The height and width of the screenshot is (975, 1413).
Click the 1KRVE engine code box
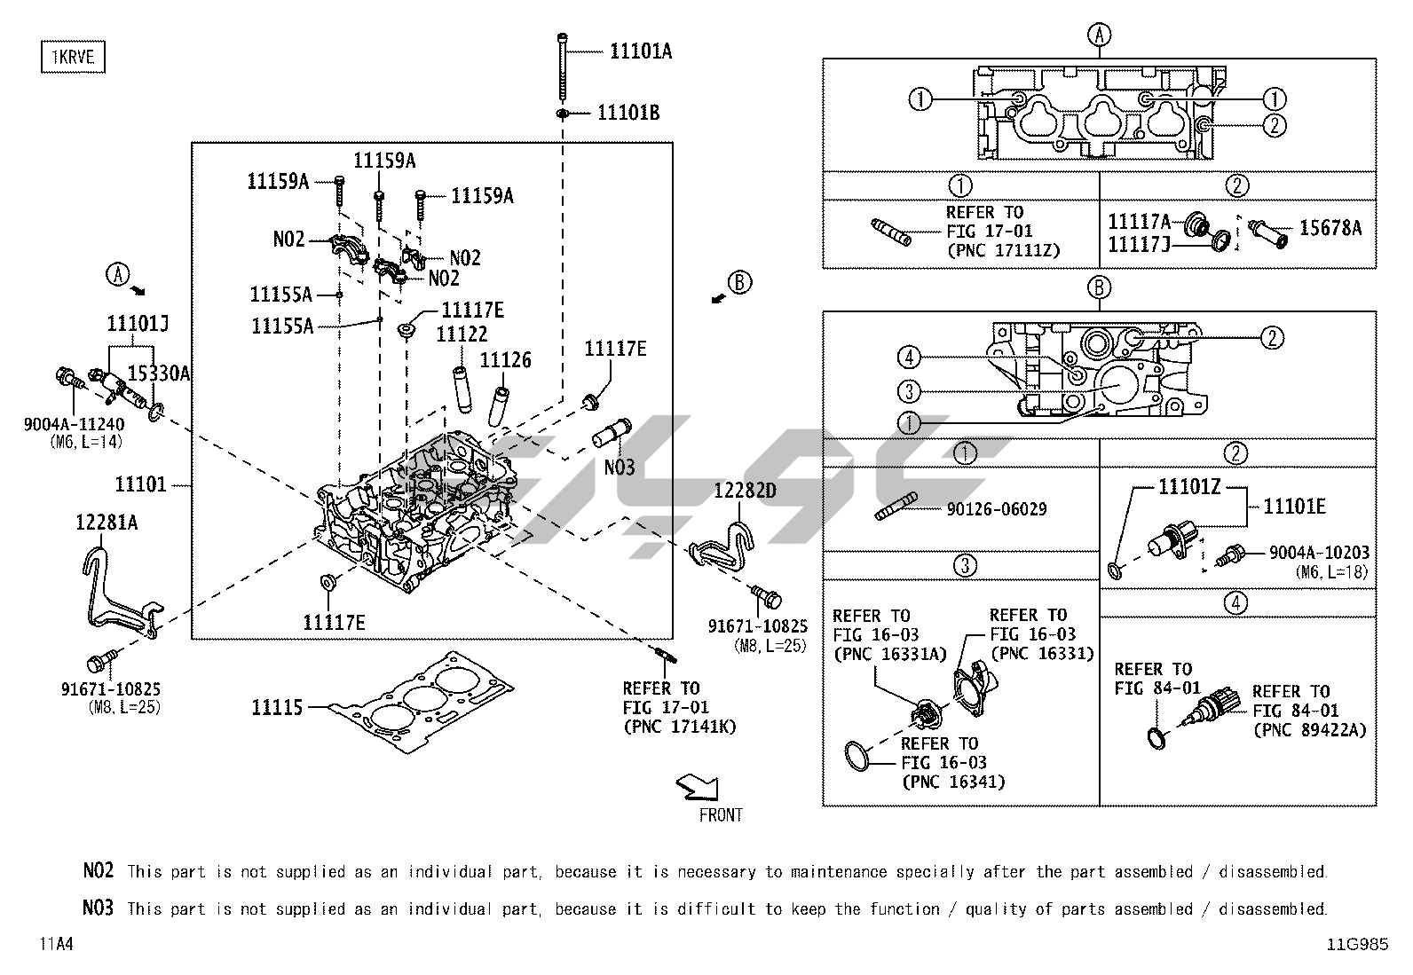coord(73,58)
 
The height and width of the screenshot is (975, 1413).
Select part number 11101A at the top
coord(640,51)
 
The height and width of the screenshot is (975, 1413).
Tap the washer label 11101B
coord(628,114)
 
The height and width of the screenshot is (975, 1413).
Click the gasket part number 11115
coord(277,707)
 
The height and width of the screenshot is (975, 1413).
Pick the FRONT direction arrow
coord(697,786)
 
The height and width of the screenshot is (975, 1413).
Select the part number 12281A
coord(106,523)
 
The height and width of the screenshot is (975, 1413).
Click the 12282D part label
coord(746,491)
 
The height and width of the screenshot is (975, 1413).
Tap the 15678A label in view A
coord(1330,228)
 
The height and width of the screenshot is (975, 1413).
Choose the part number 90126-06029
coord(997,509)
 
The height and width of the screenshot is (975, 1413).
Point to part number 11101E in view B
coord(1294,506)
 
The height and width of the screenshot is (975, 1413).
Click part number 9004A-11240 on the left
coord(74,424)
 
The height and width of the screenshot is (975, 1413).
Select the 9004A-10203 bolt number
coord(1318,552)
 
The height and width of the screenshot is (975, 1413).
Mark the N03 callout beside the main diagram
coord(620,467)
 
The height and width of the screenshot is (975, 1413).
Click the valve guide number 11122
coord(462,334)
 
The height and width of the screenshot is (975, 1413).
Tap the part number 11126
coord(505,360)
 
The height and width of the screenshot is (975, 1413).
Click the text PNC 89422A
coord(1309,730)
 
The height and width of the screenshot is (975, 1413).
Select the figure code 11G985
coord(1357,944)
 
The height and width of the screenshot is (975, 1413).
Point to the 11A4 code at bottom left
coord(55,944)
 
